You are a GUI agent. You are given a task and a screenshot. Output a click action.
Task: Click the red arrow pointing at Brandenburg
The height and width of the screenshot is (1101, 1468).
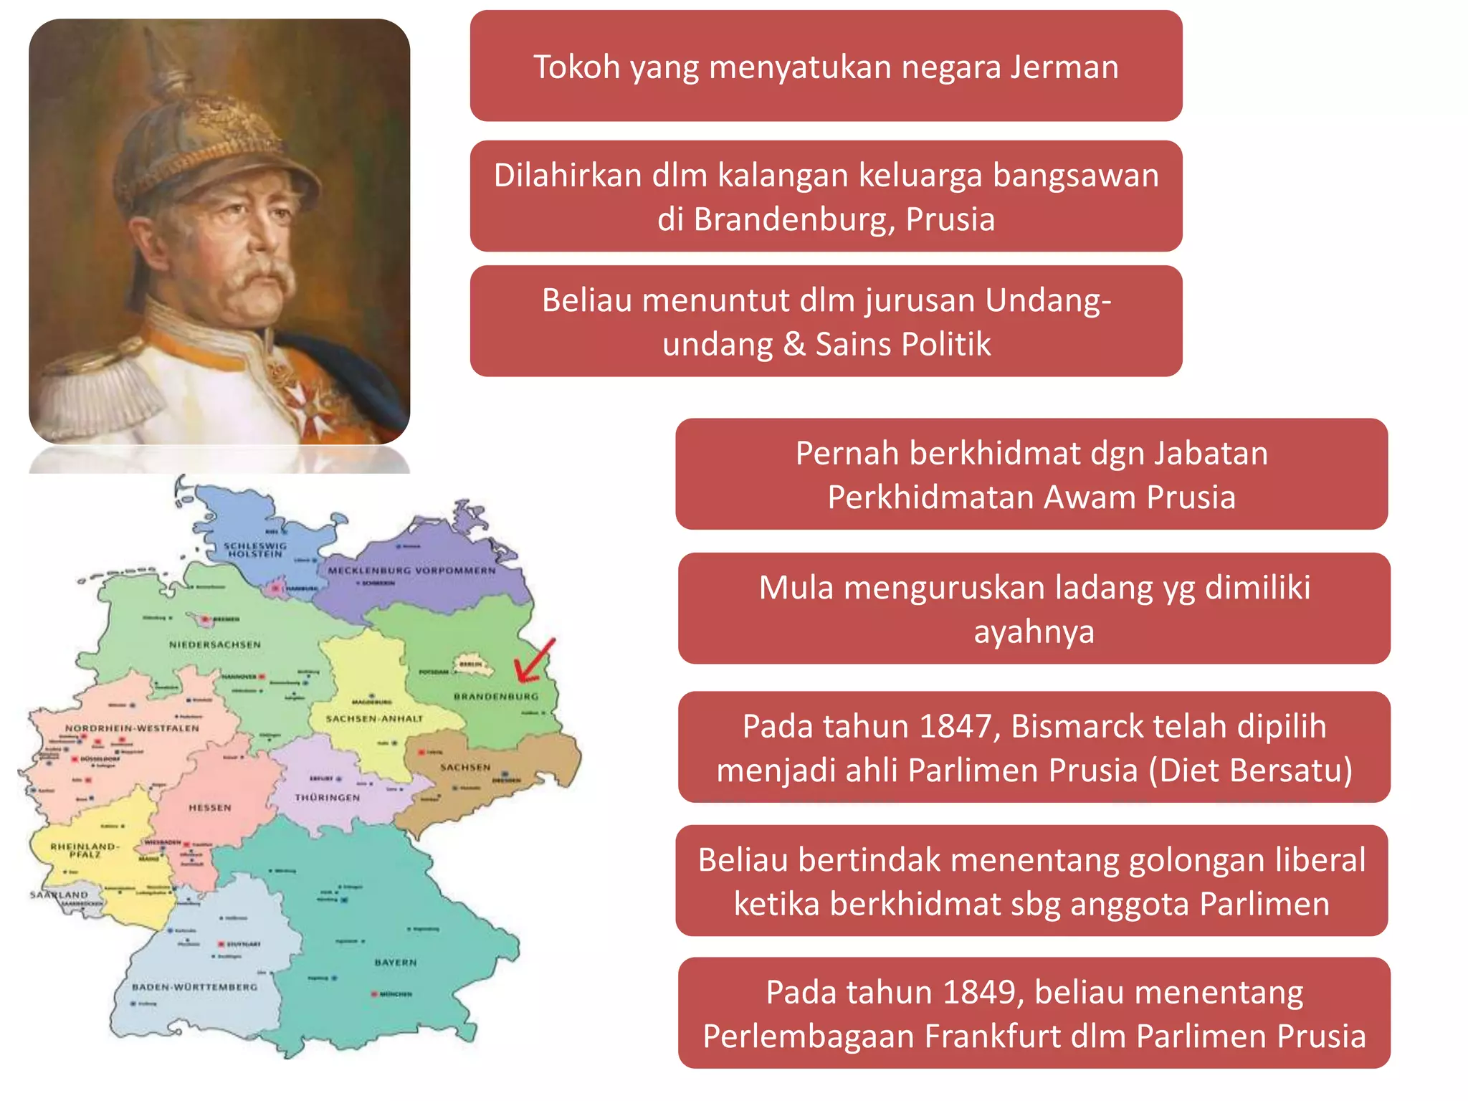(534, 661)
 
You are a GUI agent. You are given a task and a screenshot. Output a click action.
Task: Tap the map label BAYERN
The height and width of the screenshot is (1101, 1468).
(395, 962)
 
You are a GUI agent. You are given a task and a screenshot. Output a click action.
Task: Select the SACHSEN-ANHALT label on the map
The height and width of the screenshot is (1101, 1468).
(374, 718)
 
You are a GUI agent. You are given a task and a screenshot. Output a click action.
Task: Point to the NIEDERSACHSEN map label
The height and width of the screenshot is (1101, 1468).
(215, 644)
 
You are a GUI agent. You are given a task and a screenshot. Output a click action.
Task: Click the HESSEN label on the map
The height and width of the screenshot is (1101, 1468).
(210, 808)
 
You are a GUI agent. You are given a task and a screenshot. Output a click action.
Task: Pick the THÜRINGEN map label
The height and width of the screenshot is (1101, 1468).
(328, 797)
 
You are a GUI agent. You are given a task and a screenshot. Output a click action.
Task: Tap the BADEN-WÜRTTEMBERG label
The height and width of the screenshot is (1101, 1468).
(194, 987)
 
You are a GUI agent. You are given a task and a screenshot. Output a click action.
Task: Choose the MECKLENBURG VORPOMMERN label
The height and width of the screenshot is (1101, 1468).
(411, 571)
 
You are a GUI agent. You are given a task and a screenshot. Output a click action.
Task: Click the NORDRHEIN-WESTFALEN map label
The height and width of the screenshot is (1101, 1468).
(132, 728)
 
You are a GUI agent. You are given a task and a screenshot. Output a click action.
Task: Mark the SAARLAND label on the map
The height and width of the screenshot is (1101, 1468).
(59, 895)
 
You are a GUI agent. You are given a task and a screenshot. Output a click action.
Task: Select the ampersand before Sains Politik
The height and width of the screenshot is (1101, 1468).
(793, 344)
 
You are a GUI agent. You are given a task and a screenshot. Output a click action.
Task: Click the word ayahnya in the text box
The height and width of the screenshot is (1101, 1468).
(1034, 632)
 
